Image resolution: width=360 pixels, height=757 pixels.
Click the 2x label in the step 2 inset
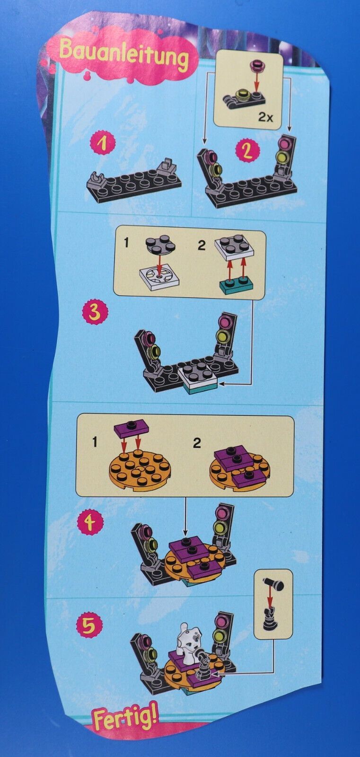point(265,117)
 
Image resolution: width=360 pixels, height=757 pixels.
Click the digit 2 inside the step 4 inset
point(197,443)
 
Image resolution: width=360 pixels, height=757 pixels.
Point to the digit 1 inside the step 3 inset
point(126,243)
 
